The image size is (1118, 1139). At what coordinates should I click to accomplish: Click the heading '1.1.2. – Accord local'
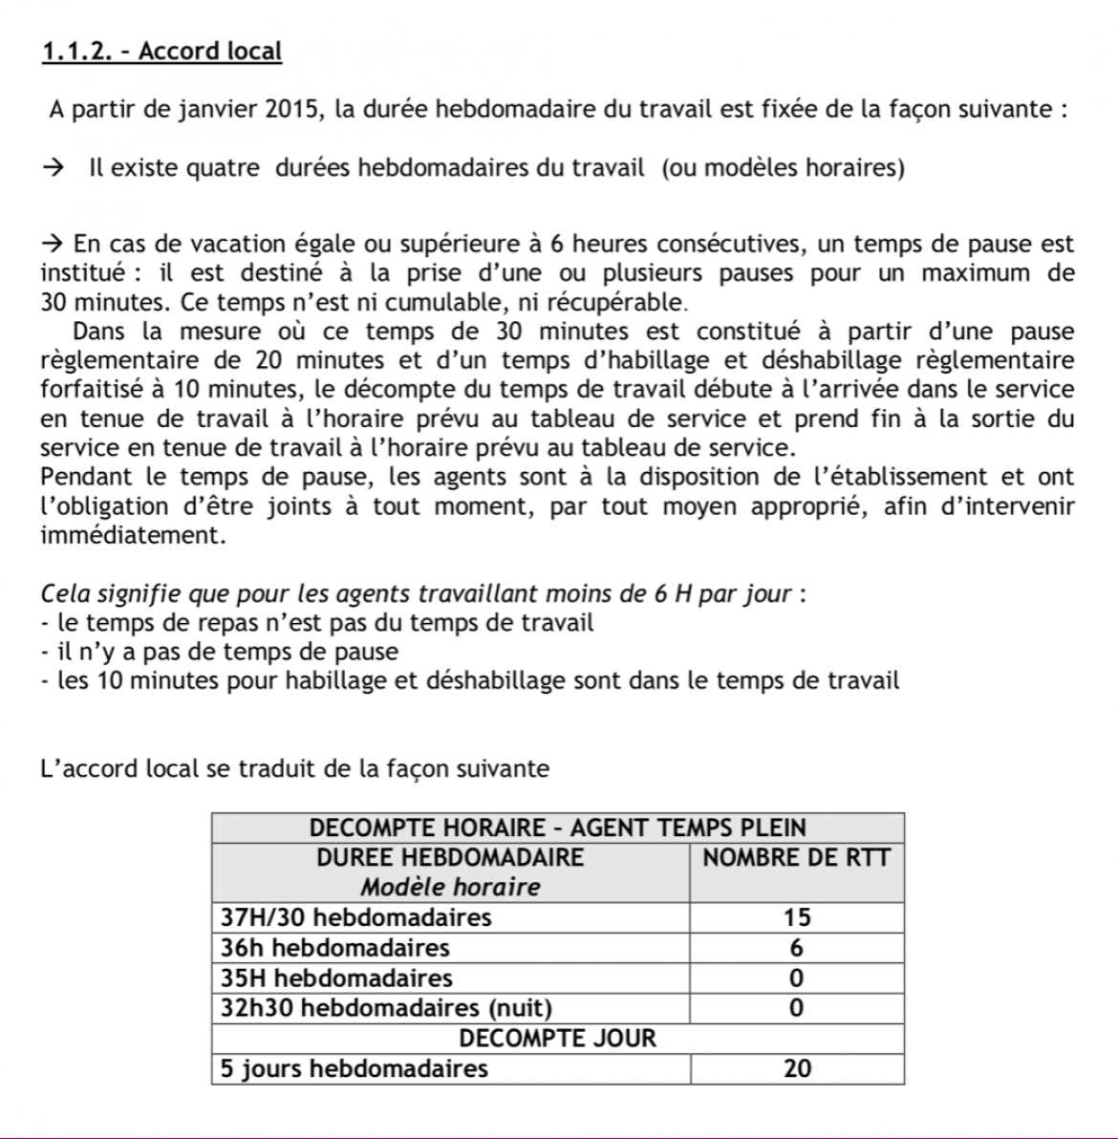coord(161,51)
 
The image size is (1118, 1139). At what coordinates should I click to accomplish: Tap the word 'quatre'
coord(222,168)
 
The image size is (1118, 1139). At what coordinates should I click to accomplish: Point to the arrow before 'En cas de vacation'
coord(54,244)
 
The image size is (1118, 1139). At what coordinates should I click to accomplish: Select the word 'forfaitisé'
coord(89,390)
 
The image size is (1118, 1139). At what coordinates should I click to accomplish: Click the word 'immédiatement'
coord(133,535)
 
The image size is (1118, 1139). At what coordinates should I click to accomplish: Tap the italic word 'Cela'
coord(64,593)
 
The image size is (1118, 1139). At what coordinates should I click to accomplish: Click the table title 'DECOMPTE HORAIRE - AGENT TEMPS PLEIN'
coord(558,827)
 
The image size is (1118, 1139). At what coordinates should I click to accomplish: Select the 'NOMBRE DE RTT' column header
coord(796,857)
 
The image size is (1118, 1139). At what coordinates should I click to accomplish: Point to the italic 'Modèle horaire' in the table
coord(450,887)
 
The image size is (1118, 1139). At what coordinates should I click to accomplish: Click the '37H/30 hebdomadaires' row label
coord(355,917)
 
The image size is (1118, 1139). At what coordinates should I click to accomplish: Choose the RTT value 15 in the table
coord(796,917)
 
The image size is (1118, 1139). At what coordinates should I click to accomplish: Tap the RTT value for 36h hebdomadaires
coord(796,948)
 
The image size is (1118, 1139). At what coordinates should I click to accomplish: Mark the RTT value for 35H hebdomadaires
coord(796,978)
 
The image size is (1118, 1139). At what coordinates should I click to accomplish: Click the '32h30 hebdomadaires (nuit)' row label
coord(386,1008)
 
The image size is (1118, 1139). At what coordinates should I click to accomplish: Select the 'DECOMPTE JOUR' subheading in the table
coord(558,1039)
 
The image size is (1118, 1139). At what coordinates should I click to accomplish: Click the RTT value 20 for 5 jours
coord(796,1068)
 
